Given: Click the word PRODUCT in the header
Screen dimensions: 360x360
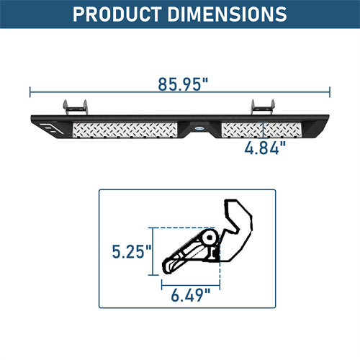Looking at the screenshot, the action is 117,14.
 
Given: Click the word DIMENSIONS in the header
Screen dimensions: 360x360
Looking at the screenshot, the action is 227,14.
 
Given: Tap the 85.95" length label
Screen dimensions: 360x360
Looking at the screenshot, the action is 183,84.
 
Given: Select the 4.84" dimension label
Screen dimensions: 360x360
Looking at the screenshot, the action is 265,148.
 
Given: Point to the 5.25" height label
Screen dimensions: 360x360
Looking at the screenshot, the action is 132,252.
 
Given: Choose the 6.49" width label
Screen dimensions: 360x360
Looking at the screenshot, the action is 191,295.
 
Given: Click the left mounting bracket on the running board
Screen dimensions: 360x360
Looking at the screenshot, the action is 75,107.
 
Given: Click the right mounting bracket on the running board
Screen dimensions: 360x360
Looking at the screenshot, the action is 263,107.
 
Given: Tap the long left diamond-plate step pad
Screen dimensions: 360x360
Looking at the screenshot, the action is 125,130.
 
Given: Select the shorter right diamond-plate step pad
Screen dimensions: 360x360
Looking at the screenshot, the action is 261,130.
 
